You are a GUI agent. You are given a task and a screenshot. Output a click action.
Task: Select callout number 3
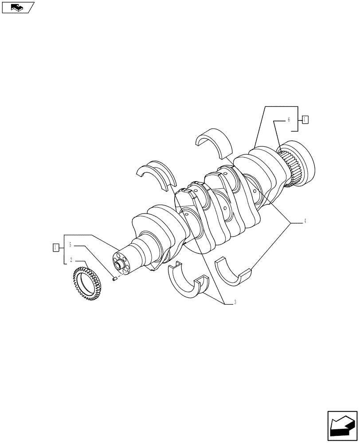pos(235,303)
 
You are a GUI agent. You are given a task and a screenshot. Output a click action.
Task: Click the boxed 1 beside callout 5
pos(55,247)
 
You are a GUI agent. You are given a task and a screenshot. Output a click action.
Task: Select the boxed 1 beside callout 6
pos(305,119)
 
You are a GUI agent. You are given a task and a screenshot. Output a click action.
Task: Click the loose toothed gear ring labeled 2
pos(88,286)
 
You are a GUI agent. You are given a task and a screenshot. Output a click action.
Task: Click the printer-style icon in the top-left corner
pos(18,8)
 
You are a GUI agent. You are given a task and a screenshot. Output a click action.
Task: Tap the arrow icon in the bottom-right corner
pos(342,426)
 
